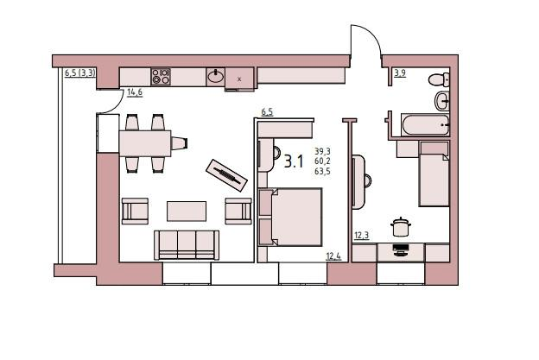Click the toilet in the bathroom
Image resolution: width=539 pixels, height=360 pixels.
[439, 79]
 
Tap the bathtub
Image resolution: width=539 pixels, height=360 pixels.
[425, 125]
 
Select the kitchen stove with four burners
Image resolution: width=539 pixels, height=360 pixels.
[161, 77]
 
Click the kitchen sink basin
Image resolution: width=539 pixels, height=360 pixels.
[216, 76]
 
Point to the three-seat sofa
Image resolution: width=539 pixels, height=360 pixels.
[187, 245]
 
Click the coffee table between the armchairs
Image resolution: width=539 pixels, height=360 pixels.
[187, 211]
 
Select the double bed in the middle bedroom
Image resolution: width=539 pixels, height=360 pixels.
[290, 217]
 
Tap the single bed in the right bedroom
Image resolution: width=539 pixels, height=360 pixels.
[434, 174]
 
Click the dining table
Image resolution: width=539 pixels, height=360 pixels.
[145, 143]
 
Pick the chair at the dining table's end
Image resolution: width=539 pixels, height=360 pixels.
[180, 143]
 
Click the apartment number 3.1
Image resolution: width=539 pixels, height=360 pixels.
[294, 161]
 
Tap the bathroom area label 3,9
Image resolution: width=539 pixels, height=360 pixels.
[400, 73]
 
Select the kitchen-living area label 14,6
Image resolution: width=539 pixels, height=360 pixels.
[135, 92]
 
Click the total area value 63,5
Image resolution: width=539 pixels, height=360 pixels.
[322, 171]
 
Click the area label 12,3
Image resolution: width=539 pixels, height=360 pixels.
[362, 236]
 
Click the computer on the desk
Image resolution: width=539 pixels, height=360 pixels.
[401, 249]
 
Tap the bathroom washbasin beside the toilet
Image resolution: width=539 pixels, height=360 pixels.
[442, 101]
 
